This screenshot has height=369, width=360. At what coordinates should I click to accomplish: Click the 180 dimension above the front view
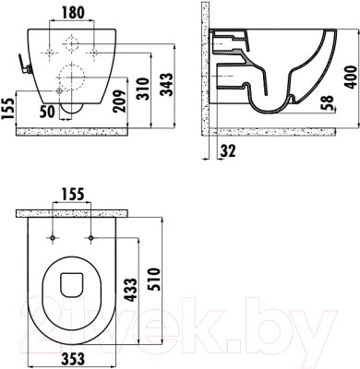[73, 13]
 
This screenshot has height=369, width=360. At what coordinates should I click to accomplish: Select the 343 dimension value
[168, 85]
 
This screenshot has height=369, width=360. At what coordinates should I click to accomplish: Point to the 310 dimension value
[143, 89]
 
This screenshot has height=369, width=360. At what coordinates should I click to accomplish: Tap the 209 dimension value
[120, 101]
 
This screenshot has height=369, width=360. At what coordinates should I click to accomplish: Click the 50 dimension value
[47, 112]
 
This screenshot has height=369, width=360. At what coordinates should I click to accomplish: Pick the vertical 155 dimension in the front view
[7, 109]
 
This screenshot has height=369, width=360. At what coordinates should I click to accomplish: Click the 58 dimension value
[328, 102]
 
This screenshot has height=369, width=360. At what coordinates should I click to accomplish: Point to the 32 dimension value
[228, 150]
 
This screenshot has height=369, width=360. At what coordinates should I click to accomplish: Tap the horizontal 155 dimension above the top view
[73, 194]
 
